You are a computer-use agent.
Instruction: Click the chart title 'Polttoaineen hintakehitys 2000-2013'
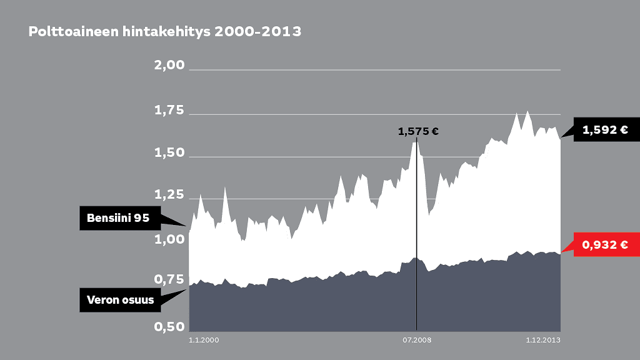(x=165, y=31)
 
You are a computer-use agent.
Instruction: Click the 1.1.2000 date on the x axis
(x=204, y=340)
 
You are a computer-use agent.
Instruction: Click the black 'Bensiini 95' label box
(x=118, y=218)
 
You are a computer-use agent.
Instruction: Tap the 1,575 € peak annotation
(x=418, y=132)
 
